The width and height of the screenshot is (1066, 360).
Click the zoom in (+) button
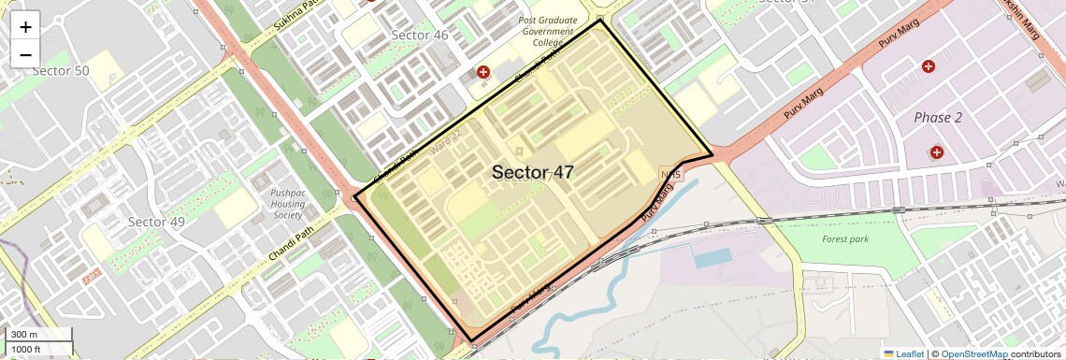pyautogui.click(x=25, y=27)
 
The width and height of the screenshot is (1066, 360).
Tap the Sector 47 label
pyautogui.click(x=532, y=172)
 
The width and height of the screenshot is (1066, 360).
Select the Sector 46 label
pyautogui.click(x=420, y=36)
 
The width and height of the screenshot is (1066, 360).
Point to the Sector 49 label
pyautogui.click(x=156, y=222)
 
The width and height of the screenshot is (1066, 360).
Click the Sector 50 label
pyautogui.click(x=61, y=71)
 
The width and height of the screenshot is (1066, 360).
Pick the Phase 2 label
pyautogui.click(x=938, y=118)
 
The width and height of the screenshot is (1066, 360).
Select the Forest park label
pyautogui.click(x=844, y=239)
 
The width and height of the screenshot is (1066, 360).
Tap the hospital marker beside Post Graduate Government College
pyautogui.click(x=483, y=72)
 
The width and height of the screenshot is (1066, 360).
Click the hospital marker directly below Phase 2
pyautogui.click(x=936, y=151)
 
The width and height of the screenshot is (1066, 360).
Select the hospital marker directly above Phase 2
pyautogui.click(x=928, y=66)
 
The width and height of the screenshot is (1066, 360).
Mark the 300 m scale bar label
pyautogui.click(x=23, y=335)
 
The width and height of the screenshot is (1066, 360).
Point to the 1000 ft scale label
pyautogui.click(x=26, y=349)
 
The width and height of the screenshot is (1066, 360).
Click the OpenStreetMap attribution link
pyautogui.click(x=973, y=353)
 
